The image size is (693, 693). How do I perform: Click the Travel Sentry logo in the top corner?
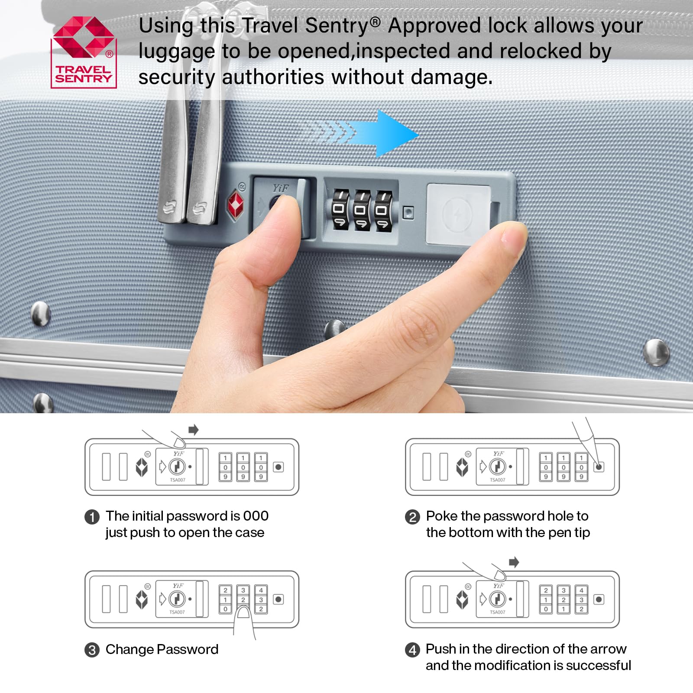tap(84, 52)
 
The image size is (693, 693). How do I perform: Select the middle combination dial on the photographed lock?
tap(362, 210)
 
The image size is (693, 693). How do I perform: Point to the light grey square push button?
tap(459, 214)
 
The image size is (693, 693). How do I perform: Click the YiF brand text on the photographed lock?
tap(280, 188)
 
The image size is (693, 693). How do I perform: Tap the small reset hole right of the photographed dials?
tap(408, 212)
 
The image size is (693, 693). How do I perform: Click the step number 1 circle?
tap(92, 517)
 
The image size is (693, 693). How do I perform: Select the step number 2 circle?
tap(412, 517)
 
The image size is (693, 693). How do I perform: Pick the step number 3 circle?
tap(92, 650)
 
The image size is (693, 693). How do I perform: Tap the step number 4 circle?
tap(412, 650)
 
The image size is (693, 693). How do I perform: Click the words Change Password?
tap(162, 650)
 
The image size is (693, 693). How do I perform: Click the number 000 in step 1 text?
tap(256, 516)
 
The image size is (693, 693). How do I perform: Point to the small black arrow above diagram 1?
tap(194, 430)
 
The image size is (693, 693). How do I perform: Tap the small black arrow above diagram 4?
tap(514, 562)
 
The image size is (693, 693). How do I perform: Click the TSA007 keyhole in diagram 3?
tap(177, 599)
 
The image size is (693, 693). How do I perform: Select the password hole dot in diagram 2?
tap(599, 467)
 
